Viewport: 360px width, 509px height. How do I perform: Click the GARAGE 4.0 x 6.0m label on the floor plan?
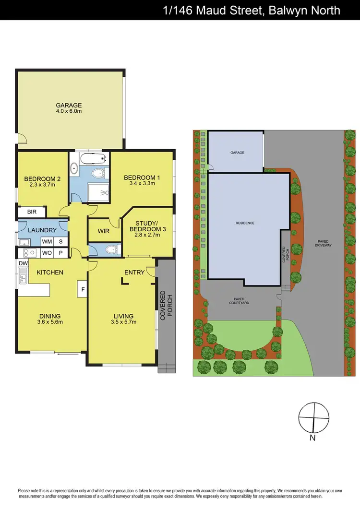pos(69,108)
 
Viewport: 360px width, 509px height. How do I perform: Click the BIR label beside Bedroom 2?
pos(32,212)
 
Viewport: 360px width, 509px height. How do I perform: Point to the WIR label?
pos(103,231)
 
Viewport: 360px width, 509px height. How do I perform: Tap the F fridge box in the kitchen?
pos(82,289)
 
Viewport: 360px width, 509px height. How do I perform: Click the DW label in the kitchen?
pos(23,263)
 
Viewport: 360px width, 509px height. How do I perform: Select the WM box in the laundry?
pos(47,241)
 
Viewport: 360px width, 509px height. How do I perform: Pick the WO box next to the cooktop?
pos(47,252)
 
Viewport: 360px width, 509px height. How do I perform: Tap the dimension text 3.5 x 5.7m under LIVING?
pos(123,322)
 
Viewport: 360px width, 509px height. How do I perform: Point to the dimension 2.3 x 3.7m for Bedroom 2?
pos(42,185)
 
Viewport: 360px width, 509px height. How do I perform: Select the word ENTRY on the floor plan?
pos(134,272)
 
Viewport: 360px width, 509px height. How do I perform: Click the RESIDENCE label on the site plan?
pos(245,223)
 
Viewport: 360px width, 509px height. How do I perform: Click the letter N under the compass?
pos(312,438)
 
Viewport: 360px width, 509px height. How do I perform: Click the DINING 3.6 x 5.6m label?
pos(50,319)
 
